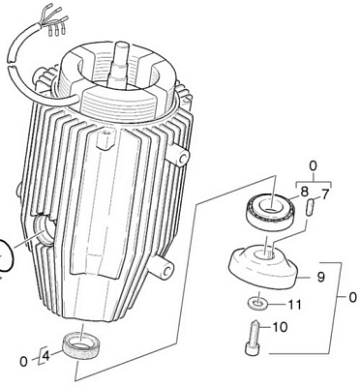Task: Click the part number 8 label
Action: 304,193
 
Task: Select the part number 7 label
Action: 324,194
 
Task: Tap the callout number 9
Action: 320,277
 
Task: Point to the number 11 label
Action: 294,305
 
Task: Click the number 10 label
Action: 280,327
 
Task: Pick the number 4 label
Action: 46,356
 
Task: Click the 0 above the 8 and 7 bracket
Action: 313,166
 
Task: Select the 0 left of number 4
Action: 23,362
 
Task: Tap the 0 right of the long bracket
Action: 353,297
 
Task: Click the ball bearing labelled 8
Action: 271,211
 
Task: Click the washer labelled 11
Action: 257,303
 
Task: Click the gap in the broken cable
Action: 12,62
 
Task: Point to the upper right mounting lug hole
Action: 183,158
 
